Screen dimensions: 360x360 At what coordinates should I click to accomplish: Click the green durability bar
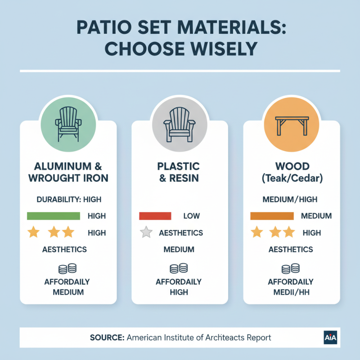pyautogui.click(x=54, y=216)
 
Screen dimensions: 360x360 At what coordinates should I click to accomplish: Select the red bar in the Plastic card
pyautogui.click(x=155, y=216)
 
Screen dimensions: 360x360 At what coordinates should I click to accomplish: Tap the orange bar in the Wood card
pyautogui.click(x=272, y=216)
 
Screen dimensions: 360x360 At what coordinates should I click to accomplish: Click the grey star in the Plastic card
pyautogui.click(x=146, y=233)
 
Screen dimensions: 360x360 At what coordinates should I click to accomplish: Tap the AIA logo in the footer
pyautogui.click(x=331, y=337)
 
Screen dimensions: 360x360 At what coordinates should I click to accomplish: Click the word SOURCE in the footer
pyautogui.click(x=107, y=337)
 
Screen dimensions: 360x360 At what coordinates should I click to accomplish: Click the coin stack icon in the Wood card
pyautogui.click(x=291, y=269)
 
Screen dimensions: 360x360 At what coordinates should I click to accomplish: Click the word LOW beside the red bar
pyautogui.click(x=191, y=216)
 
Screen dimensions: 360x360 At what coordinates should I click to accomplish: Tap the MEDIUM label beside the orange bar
pyautogui.click(x=316, y=216)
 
